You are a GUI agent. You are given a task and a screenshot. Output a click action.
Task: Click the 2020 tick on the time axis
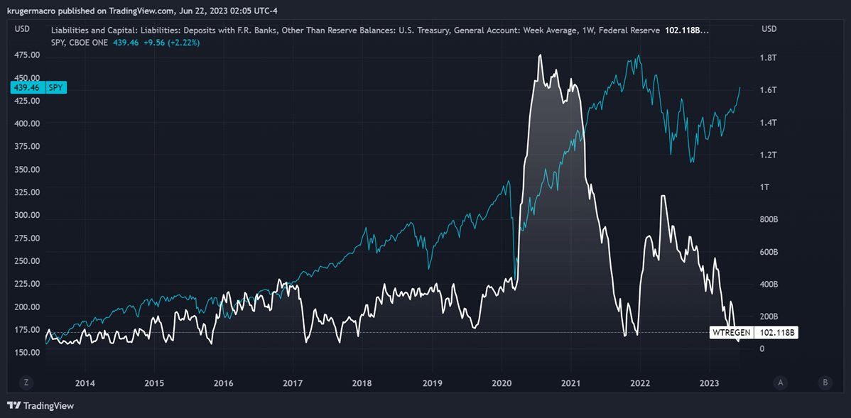point(502,383)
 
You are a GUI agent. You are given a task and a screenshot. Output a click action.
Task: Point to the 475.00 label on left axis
point(26,55)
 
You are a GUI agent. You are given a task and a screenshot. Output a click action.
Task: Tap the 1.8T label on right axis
point(769,58)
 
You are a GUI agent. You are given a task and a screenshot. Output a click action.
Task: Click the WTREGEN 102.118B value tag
point(754,332)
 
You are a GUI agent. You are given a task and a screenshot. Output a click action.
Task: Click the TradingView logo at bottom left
point(40,406)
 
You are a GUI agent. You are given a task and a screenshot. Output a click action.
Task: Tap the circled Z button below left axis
point(26,383)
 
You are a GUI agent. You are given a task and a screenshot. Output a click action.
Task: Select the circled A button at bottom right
point(781,383)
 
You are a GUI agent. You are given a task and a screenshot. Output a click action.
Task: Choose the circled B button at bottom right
point(825,383)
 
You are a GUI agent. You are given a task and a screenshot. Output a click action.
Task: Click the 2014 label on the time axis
point(85,383)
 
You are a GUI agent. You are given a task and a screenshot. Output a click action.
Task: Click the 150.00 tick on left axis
point(26,353)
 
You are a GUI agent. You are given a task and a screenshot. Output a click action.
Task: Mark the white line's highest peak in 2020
point(541,55)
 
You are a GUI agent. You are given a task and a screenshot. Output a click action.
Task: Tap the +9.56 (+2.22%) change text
point(172,43)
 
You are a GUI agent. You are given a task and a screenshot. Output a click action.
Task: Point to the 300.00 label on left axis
point(26,215)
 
